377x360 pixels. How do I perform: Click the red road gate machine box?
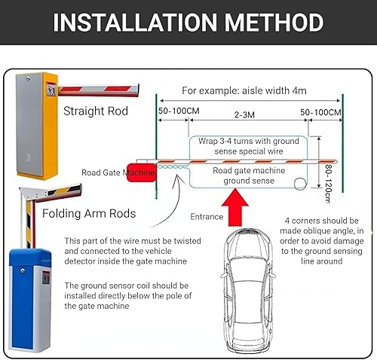[x=141, y=172]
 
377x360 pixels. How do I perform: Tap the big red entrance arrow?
[x=235, y=207]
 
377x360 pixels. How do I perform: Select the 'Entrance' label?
[x=207, y=217]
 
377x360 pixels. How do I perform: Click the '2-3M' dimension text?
[x=244, y=115]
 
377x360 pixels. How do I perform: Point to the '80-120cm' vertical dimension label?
[x=329, y=184]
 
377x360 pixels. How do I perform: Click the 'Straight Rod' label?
[x=96, y=111]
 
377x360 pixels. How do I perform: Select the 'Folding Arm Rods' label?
[x=89, y=214]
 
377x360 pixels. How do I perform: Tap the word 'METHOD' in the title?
[x=274, y=22]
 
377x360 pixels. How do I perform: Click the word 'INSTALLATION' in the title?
[x=135, y=22]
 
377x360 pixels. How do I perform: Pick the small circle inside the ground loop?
[x=300, y=184]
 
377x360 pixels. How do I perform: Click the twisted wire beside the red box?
[x=173, y=166]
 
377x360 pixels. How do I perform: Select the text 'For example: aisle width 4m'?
[x=244, y=90]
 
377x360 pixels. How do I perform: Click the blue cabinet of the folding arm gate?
[x=29, y=300]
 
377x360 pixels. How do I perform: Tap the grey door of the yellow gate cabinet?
[x=29, y=125]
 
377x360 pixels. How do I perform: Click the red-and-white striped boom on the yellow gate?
[x=99, y=90]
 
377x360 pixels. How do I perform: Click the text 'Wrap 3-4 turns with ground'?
[x=249, y=141]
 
